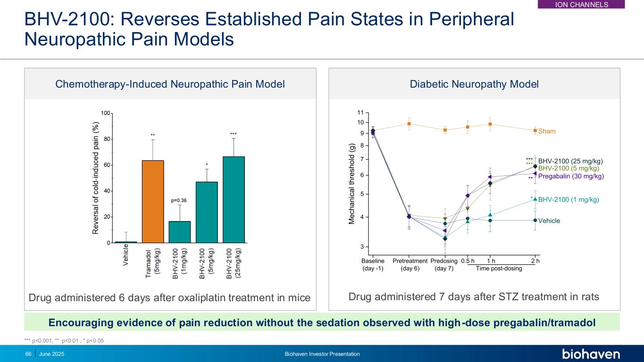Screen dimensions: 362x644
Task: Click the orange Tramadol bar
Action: click(x=153, y=202)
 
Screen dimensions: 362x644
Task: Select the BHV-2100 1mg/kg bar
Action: click(x=180, y=232)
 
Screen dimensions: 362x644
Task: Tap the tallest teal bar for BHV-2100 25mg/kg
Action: click(x=234, y=199)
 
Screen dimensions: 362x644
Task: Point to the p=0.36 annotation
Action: click(x=179, y=200)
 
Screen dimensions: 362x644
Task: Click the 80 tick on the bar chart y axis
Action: click(x=107, y=139)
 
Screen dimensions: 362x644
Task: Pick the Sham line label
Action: click(x=547, y=132)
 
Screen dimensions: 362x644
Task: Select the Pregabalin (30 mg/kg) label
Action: click(x=571, y=176)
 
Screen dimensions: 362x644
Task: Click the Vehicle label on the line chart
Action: click(x=549, y=221)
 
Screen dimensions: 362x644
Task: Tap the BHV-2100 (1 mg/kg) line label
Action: click(x=569, y=199)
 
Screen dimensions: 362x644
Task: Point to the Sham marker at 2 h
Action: click(x=535, y=130)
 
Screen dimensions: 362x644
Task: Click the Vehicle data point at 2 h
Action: click(x=535, y=220)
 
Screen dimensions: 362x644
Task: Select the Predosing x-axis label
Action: click(x=444, y=261)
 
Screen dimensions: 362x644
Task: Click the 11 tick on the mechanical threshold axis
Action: click(x=360, y=112)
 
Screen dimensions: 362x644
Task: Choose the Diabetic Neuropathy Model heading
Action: click(x=474, y=84)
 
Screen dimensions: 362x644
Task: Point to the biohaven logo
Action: click(x=591, y=354)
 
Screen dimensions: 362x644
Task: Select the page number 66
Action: click(x=28, y=354)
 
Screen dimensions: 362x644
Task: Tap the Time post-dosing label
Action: click(x=499, y=269)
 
